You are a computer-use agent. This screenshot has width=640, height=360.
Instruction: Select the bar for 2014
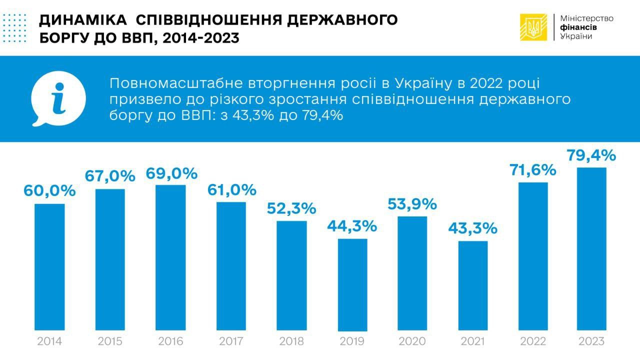[49, 267]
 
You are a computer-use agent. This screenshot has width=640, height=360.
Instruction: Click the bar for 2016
[170, 257]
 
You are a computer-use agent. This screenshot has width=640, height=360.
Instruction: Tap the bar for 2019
[352, 284]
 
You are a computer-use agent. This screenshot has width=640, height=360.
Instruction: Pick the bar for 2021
[472, 285]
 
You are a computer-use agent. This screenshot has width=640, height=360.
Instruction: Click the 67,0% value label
[109, 176]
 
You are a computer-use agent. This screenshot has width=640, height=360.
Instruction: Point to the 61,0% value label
[231, 189]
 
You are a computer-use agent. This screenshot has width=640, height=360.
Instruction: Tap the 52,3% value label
[291, 208]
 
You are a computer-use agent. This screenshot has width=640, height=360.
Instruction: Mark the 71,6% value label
[531, 169]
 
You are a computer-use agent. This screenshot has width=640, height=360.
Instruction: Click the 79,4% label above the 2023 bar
[591, 155]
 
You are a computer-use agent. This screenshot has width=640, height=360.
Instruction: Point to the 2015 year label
[110, 342]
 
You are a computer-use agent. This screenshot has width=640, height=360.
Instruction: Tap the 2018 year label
[291, 342]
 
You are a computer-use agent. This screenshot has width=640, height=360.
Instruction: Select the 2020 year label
[412, 342]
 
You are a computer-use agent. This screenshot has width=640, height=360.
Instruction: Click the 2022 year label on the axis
[533, 342]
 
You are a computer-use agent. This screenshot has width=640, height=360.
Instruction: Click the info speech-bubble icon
[58, 99]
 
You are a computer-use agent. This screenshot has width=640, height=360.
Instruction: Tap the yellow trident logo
[533, 27]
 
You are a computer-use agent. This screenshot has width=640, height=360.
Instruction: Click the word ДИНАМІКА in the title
[82, 20]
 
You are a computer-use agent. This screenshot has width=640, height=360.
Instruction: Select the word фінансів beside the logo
[578, 27]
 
